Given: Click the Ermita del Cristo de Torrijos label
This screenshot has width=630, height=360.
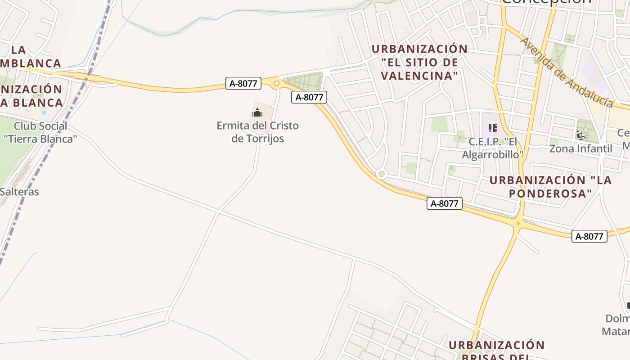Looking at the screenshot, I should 257,132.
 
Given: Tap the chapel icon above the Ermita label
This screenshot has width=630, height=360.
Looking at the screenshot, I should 257,112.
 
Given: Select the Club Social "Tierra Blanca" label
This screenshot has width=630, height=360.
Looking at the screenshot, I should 40,132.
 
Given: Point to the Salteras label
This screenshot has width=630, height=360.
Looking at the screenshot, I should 19,192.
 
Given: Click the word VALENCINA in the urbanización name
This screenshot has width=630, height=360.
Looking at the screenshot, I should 419,76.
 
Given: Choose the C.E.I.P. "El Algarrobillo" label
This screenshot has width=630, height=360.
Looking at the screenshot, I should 493,148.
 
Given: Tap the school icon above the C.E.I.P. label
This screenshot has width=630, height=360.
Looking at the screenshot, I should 493,128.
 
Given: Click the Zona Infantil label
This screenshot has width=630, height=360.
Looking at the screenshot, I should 580,148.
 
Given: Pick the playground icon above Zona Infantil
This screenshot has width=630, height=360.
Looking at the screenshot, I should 580,135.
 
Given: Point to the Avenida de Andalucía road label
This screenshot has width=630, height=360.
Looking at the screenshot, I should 567,72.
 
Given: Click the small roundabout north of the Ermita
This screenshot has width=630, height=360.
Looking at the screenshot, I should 276,83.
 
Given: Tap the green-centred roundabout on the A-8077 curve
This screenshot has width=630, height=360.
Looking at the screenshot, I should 382,174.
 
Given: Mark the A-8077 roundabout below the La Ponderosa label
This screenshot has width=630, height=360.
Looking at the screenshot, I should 518,223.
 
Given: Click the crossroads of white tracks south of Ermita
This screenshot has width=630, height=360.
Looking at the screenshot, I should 218,211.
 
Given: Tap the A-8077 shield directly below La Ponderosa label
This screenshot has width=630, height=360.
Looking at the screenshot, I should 444,203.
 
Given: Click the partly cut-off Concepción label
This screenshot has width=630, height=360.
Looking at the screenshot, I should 546,2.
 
